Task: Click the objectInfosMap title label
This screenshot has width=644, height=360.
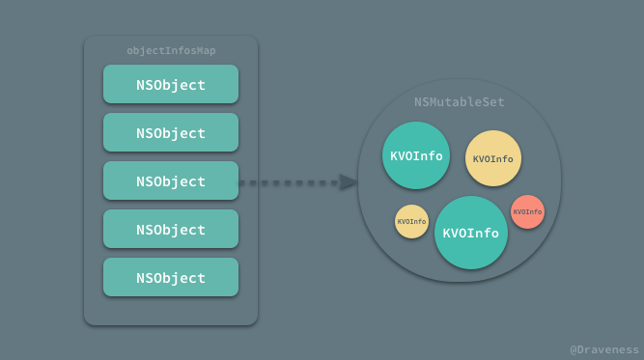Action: [171, 50]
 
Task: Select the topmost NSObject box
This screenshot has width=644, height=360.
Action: [171, 84]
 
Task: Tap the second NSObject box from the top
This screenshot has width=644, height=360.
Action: [171, 132]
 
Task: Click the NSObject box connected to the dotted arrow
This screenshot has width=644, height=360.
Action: [171, 180]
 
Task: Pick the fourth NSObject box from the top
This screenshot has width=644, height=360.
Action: [171, 229]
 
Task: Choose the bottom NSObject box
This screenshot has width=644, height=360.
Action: [171, 277]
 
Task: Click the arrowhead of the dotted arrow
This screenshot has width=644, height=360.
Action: [349, 181]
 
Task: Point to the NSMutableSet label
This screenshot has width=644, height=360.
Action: [460, 102]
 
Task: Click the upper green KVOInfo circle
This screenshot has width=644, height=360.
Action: [416, 155]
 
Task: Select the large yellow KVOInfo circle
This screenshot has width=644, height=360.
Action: [493, 158]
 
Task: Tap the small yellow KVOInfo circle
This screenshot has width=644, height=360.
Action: [411, 221]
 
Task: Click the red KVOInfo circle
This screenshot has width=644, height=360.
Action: [527, 211]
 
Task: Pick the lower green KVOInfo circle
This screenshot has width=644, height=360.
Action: [471, 233]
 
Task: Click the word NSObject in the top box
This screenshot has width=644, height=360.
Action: [171, 85]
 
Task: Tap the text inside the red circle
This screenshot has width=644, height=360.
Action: [527, 211]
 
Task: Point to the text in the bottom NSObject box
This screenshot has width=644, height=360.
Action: [171, 278]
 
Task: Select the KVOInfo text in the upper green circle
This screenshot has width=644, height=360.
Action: [416, 155]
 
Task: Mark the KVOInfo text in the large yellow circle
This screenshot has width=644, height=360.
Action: [493, 159]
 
